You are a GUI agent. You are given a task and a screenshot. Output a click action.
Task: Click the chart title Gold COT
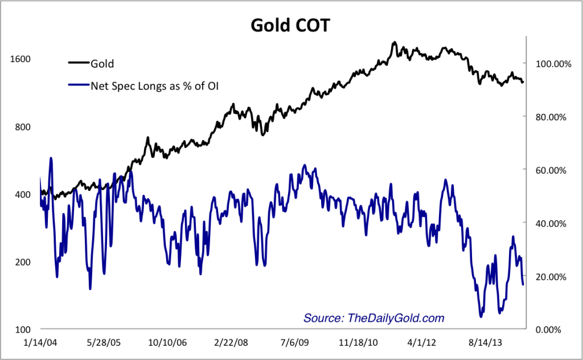coord(290,26)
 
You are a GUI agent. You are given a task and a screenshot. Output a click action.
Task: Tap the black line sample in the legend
coord(79,64)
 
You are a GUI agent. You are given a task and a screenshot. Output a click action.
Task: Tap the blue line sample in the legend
coord(79,86)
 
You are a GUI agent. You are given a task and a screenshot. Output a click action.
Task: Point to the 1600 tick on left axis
coord(19,59)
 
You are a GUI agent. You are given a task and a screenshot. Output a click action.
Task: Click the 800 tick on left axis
coord(22,127)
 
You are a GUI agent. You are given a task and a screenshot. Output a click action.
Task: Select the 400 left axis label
coord(22,194)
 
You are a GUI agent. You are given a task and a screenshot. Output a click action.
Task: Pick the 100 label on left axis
coord(22,329)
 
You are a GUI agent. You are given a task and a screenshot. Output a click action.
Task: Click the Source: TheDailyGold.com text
coord(373,318)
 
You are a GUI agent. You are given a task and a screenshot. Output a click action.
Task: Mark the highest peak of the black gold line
coord(393,43)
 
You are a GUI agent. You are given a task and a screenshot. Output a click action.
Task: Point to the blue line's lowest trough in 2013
coord(481,316)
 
